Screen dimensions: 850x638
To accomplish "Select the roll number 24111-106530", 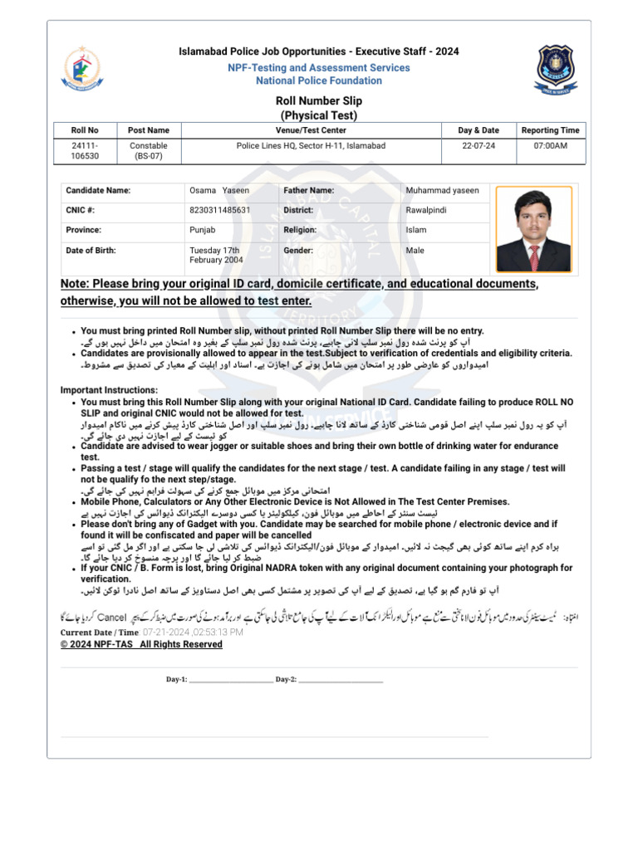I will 85,150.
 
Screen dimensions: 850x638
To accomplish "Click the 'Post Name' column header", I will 149,130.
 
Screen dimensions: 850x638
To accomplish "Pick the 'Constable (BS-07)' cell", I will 149,150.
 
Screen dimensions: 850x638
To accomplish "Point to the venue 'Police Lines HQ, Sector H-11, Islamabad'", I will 311,145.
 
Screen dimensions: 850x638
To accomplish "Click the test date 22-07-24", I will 478,145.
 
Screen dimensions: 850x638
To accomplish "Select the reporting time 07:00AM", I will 550,145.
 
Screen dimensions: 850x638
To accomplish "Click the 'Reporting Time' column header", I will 550,130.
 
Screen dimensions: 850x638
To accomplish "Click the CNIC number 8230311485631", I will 219,210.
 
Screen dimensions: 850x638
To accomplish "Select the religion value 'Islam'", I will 415,230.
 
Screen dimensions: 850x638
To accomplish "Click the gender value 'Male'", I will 415,250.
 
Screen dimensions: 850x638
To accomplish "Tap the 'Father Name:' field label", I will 309,190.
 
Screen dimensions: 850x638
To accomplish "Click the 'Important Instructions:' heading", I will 109,390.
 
